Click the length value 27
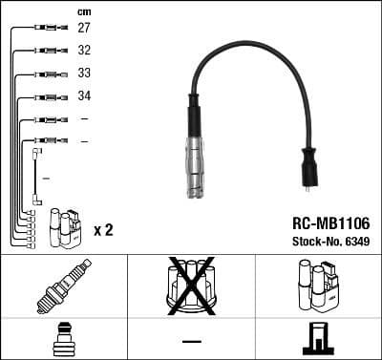(84, 29)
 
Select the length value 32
(84, 51)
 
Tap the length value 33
(84, 74)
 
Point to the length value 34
(84, 96)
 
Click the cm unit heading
(83, 11)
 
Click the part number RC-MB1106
(330, 223)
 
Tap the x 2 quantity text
(104, 230)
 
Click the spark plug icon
(63, 286)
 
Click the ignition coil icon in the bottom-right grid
(317, 286)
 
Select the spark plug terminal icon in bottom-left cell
(63, 338)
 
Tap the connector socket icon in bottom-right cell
(317, 338)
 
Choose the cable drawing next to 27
(45, 29)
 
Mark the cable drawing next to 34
(45, 96)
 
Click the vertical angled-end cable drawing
(36, 176)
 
